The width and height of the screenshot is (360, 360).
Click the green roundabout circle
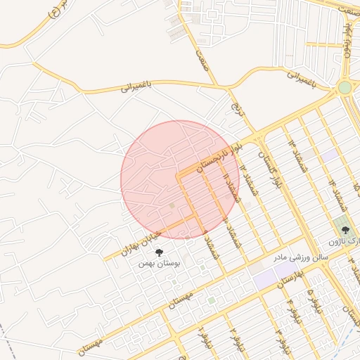tap(345, 87)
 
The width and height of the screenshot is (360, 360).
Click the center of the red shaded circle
tap(180, 179)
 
